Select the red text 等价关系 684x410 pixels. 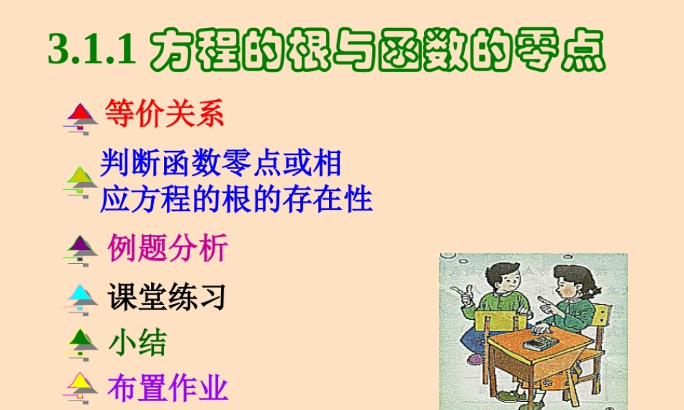(x=164, y=114)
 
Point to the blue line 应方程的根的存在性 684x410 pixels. (x=237, y=199)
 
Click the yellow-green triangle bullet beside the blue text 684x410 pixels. (x=82, y=178)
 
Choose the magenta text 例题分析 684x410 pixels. (x=168, y=248)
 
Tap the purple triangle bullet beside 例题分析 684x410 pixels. (x=81, y=245)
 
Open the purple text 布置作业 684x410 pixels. (x=168, y=389)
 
